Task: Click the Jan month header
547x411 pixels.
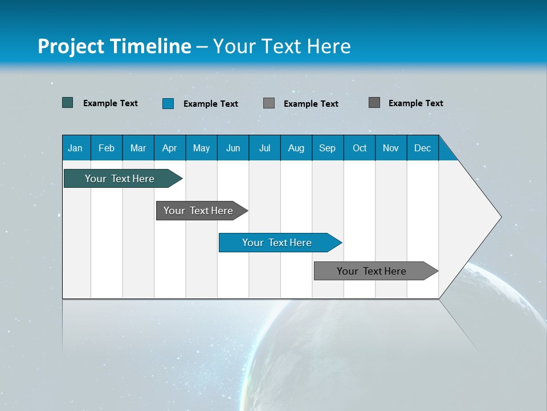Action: (75, 148)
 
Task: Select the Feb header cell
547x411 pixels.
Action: (107, 148)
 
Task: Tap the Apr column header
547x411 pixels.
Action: (170, 148)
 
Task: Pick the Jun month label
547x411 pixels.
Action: (233, 148)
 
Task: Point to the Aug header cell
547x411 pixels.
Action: (296, 148)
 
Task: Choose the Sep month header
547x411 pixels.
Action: (328, 148)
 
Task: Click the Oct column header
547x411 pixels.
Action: (360, 148)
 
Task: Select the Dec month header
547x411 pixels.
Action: (423, 148)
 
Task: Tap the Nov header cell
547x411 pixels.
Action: (391, 148)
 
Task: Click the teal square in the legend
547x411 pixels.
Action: (68, 103)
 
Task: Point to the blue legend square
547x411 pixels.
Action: (168, 103)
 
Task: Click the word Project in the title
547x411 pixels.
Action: (71, 46)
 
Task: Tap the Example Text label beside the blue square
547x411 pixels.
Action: (211, 104)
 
